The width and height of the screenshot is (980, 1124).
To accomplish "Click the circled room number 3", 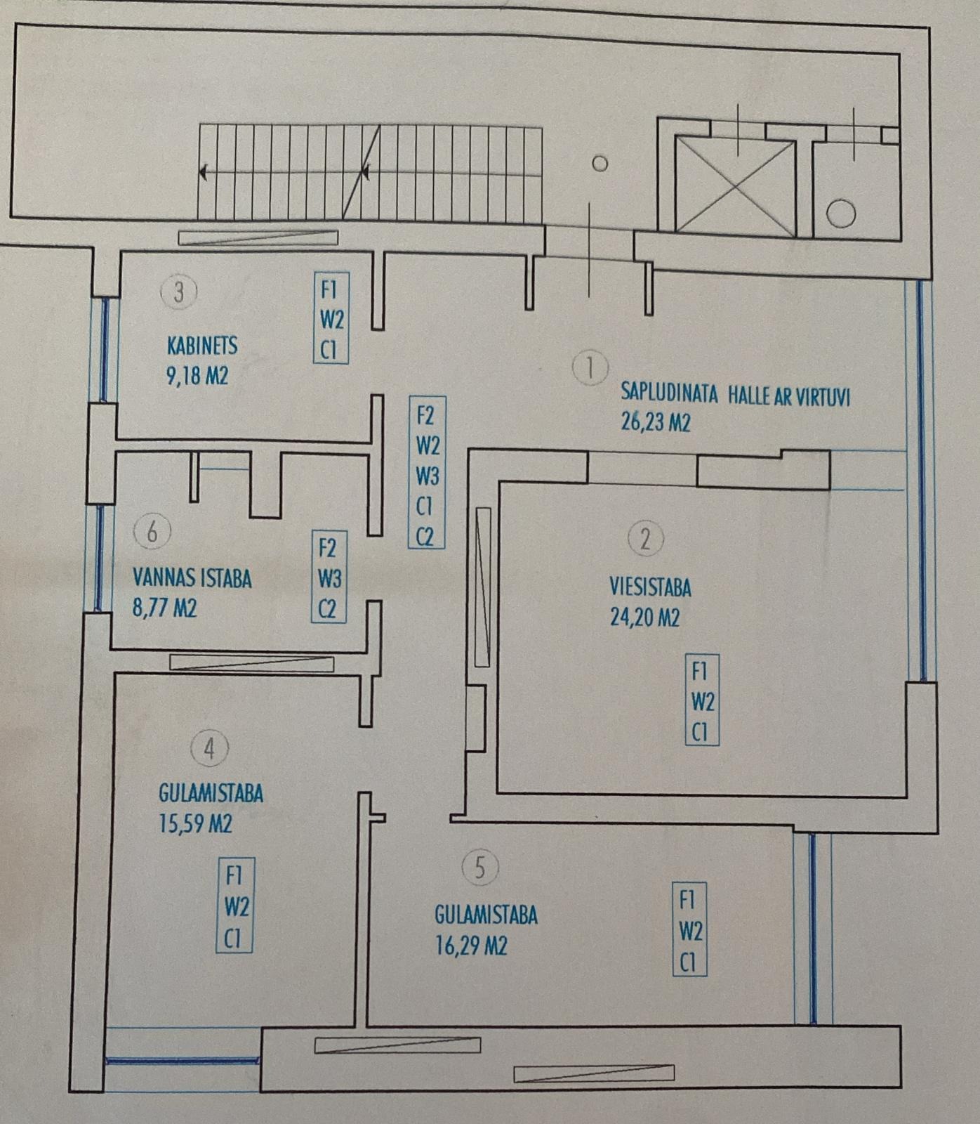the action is click(178, 292).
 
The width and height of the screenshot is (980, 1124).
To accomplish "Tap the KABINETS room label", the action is click(202, 346).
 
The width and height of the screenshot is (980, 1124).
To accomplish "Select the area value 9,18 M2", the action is click(197, 376).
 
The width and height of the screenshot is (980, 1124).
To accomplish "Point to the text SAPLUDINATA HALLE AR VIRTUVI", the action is click(736, 395).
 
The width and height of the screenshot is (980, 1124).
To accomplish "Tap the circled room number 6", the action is click(152, 532).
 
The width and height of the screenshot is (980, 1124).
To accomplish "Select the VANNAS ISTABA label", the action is click(192, 578).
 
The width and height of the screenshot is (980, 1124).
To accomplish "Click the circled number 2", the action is click(646, 539).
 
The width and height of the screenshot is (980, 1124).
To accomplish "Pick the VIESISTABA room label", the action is click(650, 587).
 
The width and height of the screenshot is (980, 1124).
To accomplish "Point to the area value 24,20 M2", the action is click(645, 617).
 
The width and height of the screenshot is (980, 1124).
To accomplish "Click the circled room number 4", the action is click(209, 750).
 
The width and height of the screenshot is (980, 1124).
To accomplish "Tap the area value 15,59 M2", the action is click(196, 823).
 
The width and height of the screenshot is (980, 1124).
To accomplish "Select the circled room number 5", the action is click(480, 868).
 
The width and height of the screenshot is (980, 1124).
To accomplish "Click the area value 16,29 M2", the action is click(471, 946).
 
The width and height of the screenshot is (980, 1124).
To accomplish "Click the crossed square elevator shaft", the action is click(734, 185).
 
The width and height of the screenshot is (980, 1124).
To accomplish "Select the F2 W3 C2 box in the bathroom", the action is click(329, 577).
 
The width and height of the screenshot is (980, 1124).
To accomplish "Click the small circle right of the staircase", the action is click(600, 164).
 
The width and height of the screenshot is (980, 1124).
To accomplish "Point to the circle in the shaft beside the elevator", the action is click(840, 213).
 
